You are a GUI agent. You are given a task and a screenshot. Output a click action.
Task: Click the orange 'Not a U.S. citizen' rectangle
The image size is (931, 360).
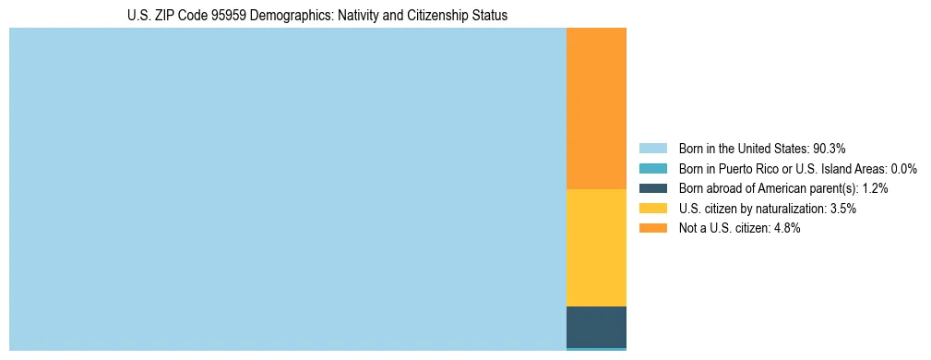coord(596,108)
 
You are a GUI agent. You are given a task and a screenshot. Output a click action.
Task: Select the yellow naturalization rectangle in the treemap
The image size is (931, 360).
coord(596,247)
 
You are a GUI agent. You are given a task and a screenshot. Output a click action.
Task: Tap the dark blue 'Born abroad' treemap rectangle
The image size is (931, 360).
coord(596,326)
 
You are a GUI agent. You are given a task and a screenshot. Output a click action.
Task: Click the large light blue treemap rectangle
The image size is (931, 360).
coord(287,189)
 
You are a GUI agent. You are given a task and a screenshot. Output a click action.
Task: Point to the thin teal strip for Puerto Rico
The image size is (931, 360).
coord(596,349)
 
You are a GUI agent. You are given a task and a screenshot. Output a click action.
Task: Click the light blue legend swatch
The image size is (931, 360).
coord(652,149)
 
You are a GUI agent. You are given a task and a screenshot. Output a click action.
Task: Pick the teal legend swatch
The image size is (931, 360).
coord(652,169)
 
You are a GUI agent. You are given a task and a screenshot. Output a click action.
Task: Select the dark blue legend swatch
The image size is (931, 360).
coord(652,188)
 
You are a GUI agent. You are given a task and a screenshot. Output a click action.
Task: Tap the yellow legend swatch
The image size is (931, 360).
coord(652,209)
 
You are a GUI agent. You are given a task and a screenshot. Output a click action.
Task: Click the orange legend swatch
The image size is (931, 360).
coord(652,229)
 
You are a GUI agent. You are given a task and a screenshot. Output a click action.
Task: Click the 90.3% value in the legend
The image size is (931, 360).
coord(830,149)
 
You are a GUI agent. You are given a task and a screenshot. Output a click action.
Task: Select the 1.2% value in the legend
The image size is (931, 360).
coord(875,188)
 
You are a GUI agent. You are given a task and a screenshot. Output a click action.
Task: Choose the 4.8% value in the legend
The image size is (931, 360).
coord(786,229)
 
